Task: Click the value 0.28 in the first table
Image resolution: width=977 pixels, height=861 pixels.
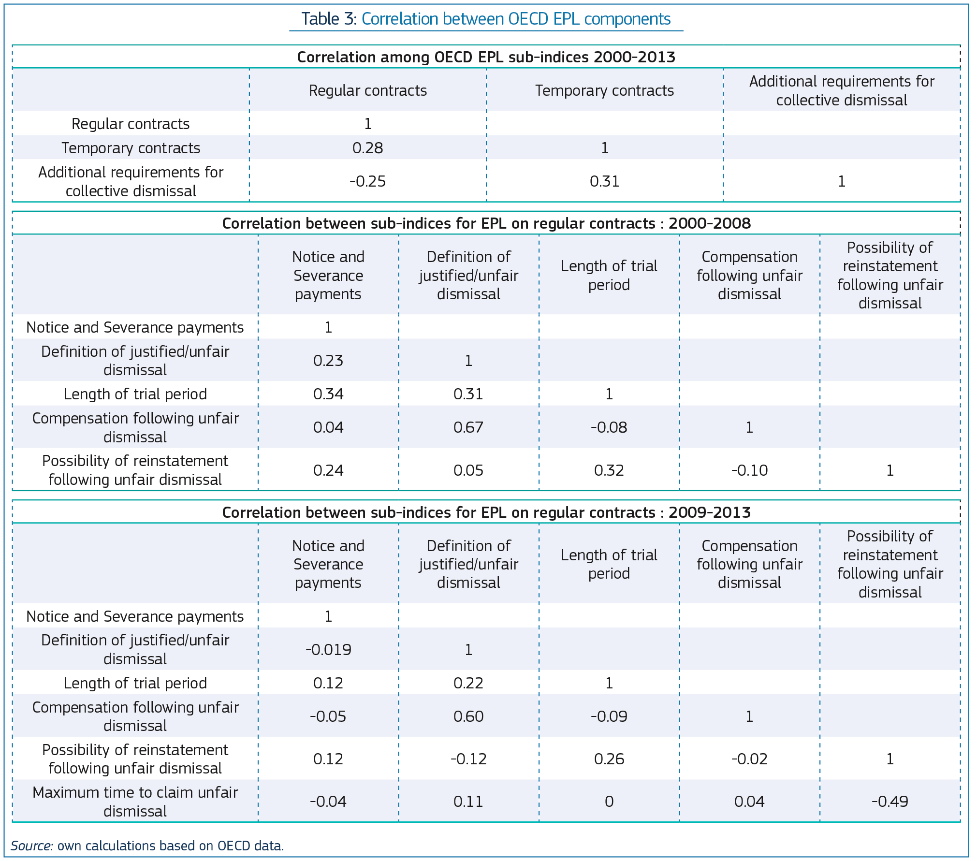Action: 367,148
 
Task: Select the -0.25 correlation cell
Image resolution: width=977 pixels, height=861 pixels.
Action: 367,181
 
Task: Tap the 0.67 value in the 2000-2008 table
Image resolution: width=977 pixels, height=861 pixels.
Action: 468,427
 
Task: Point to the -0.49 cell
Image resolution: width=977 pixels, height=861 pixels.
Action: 890,802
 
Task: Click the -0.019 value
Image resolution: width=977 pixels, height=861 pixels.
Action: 328,649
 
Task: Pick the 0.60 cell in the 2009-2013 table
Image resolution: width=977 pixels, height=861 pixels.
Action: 468,716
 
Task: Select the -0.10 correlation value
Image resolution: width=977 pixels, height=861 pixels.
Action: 749,470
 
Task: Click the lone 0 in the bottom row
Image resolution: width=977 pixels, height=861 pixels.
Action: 609,802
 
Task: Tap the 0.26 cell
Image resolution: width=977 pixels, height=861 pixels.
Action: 609,759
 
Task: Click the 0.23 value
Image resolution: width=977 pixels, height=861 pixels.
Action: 328,361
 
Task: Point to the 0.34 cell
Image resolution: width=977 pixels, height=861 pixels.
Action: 328,394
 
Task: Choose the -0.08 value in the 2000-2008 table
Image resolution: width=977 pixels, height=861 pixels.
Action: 609,427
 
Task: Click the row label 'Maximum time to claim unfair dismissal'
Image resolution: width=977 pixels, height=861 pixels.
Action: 135,802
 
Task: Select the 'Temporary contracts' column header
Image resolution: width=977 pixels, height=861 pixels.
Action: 604,90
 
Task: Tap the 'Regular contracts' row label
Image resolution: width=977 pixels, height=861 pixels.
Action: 131,124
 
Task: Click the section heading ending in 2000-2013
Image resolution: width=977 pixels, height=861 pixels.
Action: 486,57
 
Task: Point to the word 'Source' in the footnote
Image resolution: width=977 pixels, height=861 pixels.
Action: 31,846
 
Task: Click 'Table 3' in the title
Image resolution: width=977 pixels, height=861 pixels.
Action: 328,19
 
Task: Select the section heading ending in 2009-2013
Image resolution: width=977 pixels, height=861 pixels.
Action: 486,512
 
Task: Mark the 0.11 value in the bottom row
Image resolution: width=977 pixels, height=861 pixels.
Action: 468,802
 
